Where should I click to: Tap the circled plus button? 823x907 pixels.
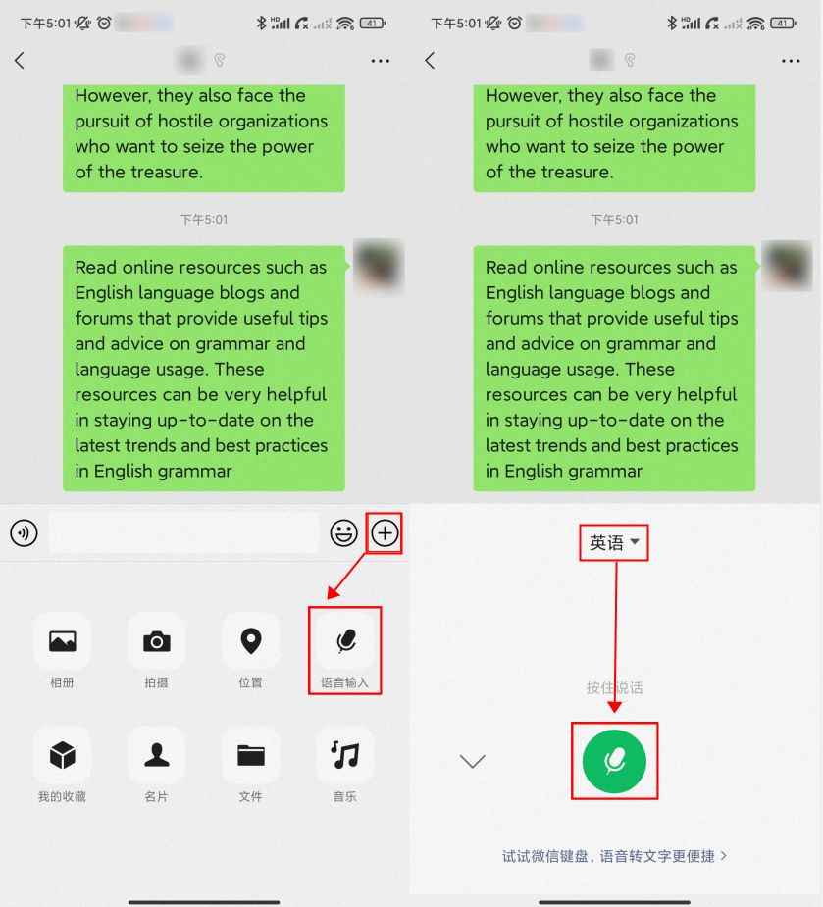385,532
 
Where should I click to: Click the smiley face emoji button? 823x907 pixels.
343,532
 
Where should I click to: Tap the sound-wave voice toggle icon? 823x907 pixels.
24,532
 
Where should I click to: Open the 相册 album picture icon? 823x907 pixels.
63,641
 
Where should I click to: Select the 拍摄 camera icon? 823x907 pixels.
157,641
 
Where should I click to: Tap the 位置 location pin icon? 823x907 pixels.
250,641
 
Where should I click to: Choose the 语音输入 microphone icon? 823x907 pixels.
345,641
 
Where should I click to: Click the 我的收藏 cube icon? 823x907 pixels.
63,755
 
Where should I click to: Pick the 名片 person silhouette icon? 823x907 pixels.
157,755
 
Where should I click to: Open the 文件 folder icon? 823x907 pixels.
250,755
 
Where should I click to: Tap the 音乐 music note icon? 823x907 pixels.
345,755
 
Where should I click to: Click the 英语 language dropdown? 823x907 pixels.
614,542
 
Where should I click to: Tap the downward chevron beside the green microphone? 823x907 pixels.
472,761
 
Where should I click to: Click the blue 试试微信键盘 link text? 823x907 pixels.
614,856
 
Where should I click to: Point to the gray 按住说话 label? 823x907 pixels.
614,687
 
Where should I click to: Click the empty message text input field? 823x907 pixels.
183,532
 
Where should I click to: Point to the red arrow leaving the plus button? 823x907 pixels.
347,577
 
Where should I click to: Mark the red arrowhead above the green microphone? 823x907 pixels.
615,706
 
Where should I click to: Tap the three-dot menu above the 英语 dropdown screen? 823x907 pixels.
791,61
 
